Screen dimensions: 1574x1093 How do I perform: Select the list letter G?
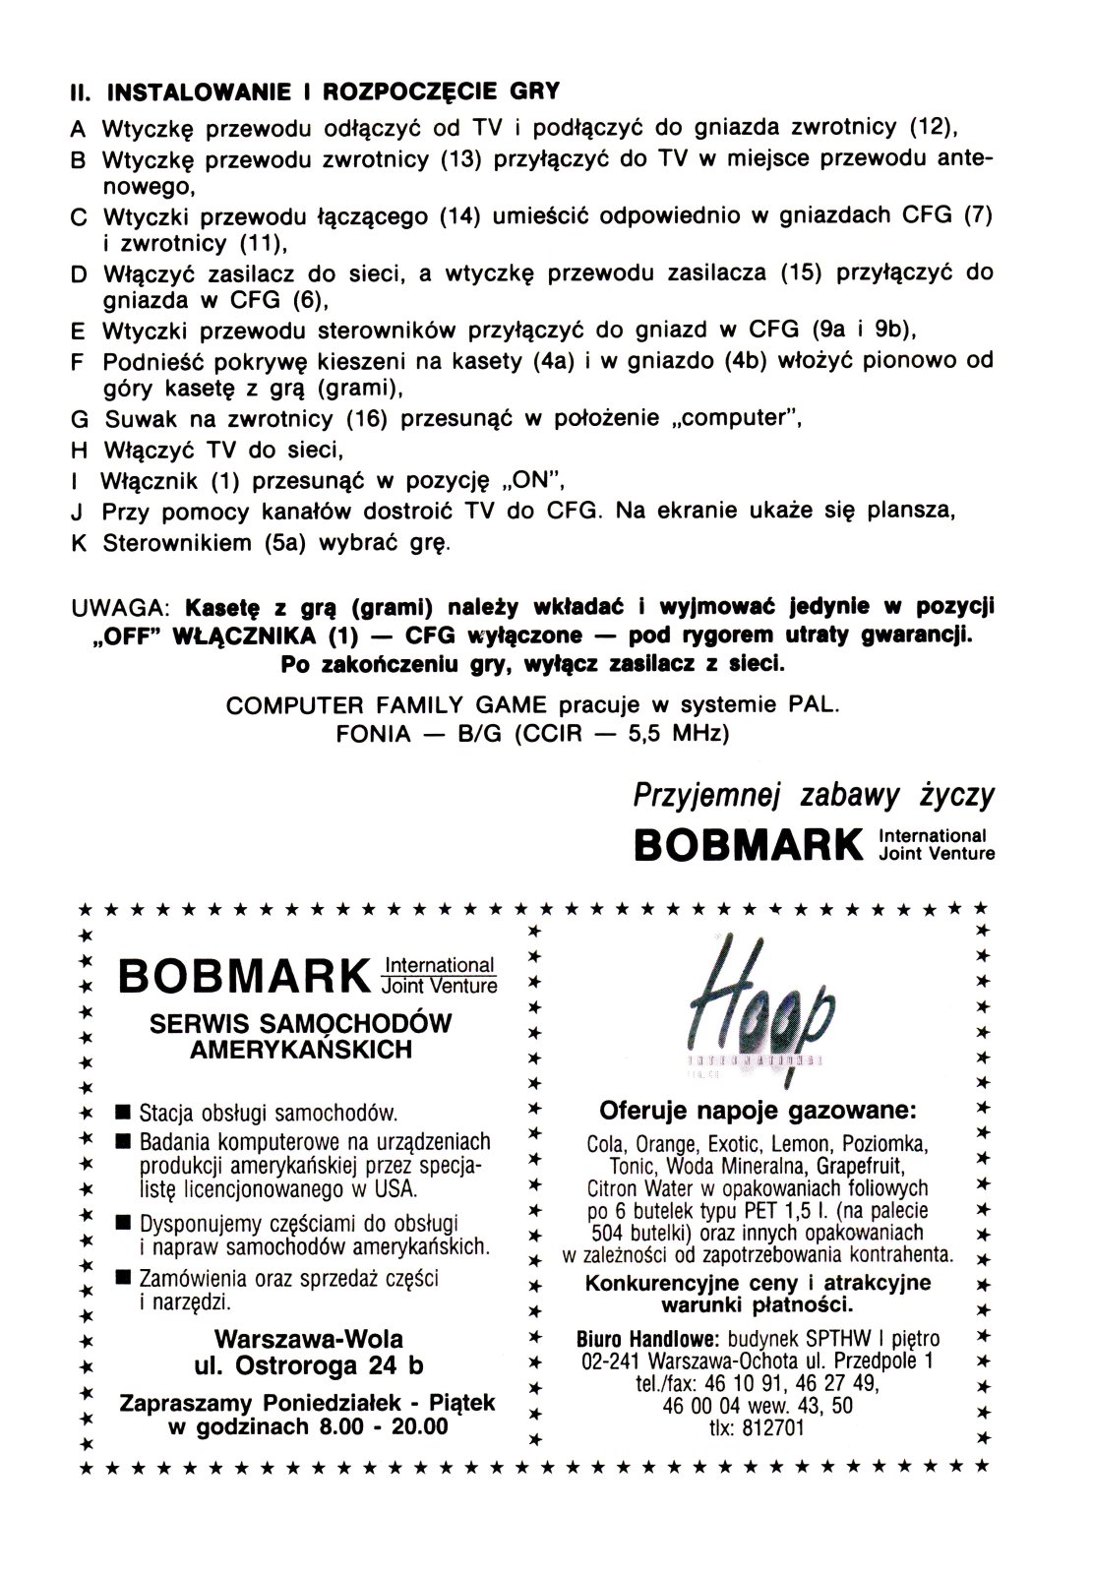[x=80, y=419]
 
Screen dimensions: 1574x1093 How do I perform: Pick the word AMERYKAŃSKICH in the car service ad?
[x=301, y=1050]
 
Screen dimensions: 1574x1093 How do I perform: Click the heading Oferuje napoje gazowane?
[x=758, y=1111]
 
